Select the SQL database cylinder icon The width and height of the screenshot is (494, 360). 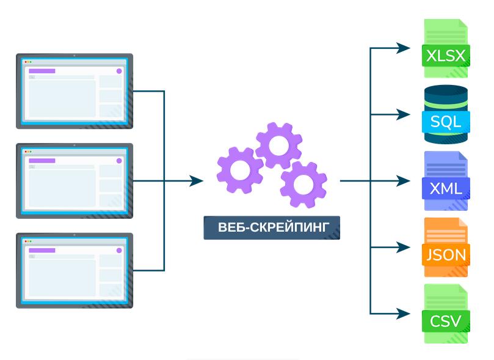[446, 114]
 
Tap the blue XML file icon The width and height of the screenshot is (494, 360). [446, 181]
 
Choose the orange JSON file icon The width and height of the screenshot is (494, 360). [446, 248]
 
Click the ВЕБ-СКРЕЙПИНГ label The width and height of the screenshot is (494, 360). [272, 228]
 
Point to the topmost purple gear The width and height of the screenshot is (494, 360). [279, 145]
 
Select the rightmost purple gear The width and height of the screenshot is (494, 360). [303, 184]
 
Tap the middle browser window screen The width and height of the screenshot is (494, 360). [74, 180]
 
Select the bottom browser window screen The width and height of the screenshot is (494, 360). [74, 270]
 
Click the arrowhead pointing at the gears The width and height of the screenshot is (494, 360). [197, 181]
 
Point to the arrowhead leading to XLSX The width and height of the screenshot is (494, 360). [404, 48]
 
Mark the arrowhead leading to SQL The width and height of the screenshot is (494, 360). [404, 114]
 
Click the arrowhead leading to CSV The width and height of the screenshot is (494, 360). [404, 314]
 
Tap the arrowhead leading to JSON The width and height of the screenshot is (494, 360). [404, 248]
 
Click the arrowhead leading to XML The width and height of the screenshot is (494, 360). [404, 181]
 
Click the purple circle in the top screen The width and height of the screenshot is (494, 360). [118, 71]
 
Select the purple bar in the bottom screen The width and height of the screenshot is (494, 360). [42, 251]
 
